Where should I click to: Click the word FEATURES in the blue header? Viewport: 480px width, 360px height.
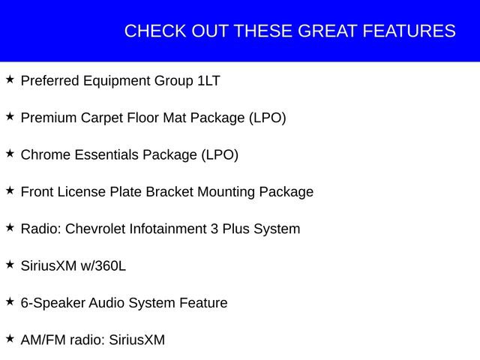409,31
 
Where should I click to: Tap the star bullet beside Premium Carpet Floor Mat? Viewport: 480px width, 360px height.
10,116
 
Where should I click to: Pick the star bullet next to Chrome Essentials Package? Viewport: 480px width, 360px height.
10,154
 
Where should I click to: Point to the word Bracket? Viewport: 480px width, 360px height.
169,192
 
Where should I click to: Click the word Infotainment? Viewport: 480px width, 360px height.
169,229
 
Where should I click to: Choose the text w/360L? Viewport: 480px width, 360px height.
102,266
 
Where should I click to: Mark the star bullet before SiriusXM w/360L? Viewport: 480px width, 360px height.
10,265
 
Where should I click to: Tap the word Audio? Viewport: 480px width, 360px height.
107,304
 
